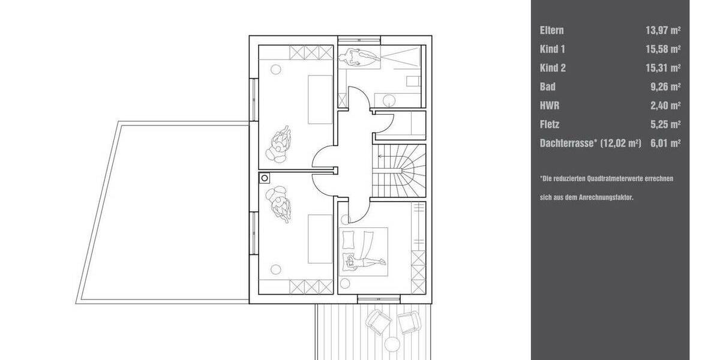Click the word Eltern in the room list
click(x=551, y=30)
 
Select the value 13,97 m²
click(x=662, y=30)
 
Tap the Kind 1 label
click(x=553, y=49)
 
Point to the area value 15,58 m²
click(x=662, y=49)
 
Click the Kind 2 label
click(x=553, y=68)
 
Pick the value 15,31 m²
click(x=662, y=68)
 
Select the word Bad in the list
click(x=547, y=87)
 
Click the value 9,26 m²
click(x=665, y=87)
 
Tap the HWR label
click(x=549, y=106)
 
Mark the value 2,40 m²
click(x=665, y=106)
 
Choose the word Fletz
click(x=550, y=125)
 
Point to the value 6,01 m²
click(x=665, y=143)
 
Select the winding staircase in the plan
click(x=398, y=170)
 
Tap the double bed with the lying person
click(x=364, y=251)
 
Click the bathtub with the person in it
click(x=358, y=58)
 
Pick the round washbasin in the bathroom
click(x=387, y=100)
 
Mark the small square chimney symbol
click(x=264, y=178)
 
